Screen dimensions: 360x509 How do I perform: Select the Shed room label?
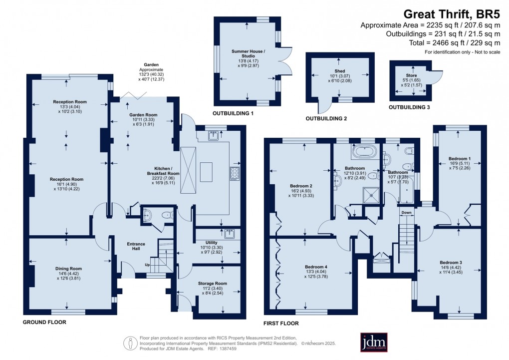click(x=340, y=71)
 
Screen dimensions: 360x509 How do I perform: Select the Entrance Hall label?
click(x=135, y=247)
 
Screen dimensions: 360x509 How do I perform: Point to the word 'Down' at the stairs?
click(x=406, y=212)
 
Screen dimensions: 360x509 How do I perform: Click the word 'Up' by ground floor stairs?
click(x=147, y=265)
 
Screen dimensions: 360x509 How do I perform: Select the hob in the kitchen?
click(x=234, y=173)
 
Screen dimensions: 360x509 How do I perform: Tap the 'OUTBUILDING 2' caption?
click(x=326, y=119)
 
